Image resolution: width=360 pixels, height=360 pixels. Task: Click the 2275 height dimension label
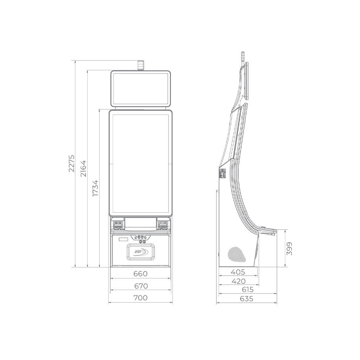[72, 163]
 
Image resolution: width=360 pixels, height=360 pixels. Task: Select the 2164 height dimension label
[83, 168]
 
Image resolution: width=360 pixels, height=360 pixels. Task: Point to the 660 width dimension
[141, 274]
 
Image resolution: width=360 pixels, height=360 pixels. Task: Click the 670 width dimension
[141, 286]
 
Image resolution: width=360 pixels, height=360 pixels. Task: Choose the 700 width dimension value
[141, 298]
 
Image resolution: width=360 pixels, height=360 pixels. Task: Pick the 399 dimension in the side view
[290, 249]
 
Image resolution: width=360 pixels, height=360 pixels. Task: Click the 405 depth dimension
[238, 272]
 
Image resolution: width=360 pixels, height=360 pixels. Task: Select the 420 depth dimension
[239, 281]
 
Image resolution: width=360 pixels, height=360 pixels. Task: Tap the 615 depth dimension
[247, 290]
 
